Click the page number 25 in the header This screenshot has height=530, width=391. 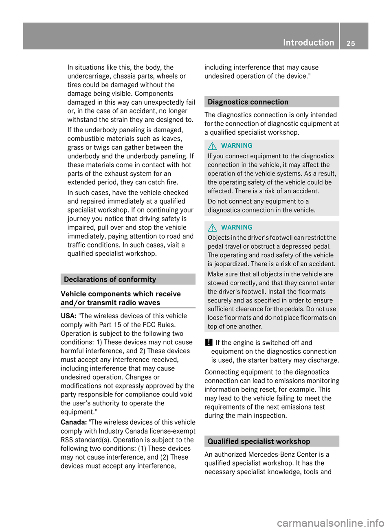pyautogui.click(x=351, y=43)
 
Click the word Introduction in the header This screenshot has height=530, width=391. pyautogui.click(x=308, y=42)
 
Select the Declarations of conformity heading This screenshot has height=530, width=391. pyautogui.click(x=110, y=279)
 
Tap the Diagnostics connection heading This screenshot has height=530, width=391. pyautogui.click(x=248, y=102)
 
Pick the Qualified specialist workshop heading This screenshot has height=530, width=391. pyautogui.click(x=259, y=441)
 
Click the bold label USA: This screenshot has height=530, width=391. pyautogui.click(x=68, y=316)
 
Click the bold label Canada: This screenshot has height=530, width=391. pyautogui.click(x=74, y=422)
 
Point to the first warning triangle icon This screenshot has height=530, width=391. pyautogui.click(x=212, y=146)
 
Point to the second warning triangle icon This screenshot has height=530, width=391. pyautogui.click(x=212, y=228)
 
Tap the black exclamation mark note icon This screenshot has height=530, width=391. pyautogui.click(x=209, y=343)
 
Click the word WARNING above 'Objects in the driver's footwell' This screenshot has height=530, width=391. pyautogui.click(x=237, y=227)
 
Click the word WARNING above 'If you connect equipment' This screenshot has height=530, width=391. pyautogui.click(x=237, y=145)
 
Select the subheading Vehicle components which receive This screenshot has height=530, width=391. pyautogui.click(x=121, y=294)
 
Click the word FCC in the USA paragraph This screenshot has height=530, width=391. pyautogui.click(x=149, y=325)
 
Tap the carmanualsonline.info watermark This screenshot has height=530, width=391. pyautogui.click(x=330, y=523)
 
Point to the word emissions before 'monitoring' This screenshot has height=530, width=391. pyautogui.click(x=291, y=381)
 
